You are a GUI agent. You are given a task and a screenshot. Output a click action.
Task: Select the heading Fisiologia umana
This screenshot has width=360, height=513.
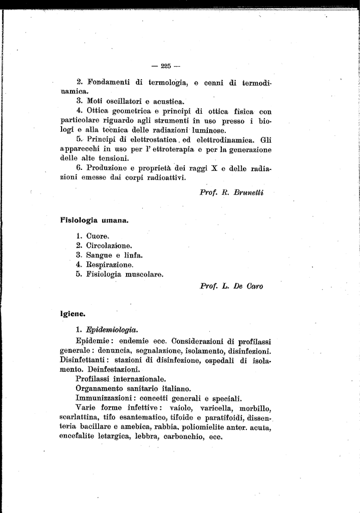[93, 219]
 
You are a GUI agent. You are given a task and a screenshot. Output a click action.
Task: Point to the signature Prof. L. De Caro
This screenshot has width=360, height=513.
[231, 287]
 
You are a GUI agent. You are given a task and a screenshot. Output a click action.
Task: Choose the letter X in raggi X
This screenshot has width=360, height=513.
[214, 168]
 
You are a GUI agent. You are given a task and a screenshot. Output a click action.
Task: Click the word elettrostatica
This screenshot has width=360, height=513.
[143, 139]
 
